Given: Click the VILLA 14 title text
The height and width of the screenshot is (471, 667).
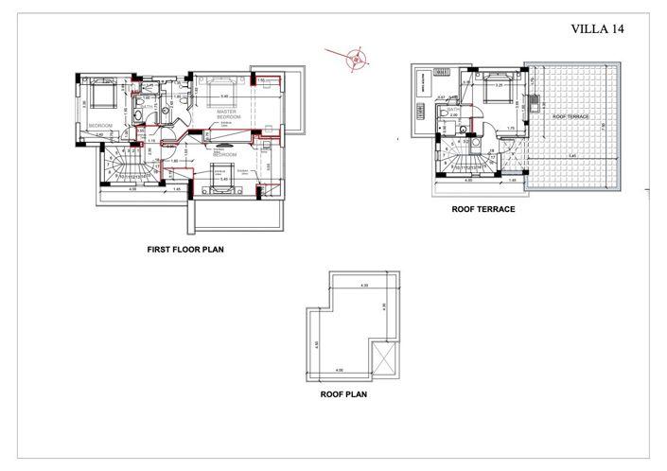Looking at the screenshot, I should [598, 28].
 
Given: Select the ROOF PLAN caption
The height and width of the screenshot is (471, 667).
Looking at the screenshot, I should [343, 395].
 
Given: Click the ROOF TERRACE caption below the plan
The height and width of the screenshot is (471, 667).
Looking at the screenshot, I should [483, 211].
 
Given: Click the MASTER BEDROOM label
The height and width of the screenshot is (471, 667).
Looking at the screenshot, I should [226, 113].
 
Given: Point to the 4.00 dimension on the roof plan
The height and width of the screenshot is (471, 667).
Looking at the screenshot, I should [340, 370].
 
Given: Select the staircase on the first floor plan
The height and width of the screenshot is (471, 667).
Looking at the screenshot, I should [125, 167].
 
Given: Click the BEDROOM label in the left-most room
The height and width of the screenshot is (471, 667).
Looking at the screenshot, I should [100, 125].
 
